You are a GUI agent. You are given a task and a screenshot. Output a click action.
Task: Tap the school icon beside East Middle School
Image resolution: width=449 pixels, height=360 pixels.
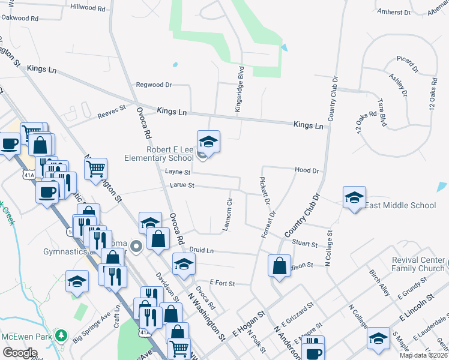[x=354, y=197]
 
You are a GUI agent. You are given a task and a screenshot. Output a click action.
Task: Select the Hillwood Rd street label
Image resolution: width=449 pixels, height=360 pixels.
[x=88, y=8]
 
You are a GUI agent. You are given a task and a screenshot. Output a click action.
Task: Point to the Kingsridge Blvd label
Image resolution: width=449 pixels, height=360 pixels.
[x=240, y=93]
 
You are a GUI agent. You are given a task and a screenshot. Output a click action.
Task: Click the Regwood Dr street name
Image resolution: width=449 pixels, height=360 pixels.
[x=154, y=85]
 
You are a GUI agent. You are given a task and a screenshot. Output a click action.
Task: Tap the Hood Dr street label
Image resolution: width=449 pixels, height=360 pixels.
[x=307, y=170]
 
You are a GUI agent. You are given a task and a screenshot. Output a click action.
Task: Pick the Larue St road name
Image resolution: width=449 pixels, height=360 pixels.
[x=183, y=185]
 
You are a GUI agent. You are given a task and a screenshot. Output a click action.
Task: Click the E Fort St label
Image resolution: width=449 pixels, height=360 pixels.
[x=222, y=282]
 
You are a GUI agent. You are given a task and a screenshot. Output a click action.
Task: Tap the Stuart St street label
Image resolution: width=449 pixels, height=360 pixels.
[x=306, y=244]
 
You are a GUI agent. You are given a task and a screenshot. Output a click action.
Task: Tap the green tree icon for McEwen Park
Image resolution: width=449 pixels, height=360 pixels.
[x=60, y=335]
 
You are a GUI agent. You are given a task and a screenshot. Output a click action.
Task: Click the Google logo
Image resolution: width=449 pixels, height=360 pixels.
[x=20, y=352]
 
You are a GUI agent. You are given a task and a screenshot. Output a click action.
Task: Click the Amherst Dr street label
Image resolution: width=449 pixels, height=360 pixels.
[x=394, y=12]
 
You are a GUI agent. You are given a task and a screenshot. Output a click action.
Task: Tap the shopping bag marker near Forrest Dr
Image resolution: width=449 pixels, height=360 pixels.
[x=280, y=266]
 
